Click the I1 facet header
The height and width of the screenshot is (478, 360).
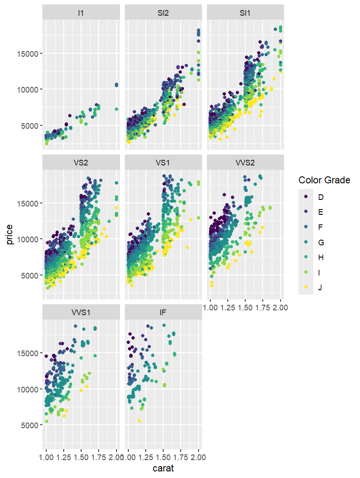click(81, 13)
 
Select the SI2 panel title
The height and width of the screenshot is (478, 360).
click(163, 13)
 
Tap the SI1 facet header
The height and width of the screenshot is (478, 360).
click(246, 13)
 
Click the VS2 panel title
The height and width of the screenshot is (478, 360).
click(81, 163)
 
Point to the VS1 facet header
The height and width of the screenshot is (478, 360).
click(163, 163)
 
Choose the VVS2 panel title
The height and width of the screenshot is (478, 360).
click(246, 163)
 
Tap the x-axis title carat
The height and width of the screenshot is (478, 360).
click(164, 469)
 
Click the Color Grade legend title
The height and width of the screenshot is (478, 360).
click(324, 180)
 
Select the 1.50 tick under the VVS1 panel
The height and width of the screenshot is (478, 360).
click(81, 457)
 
